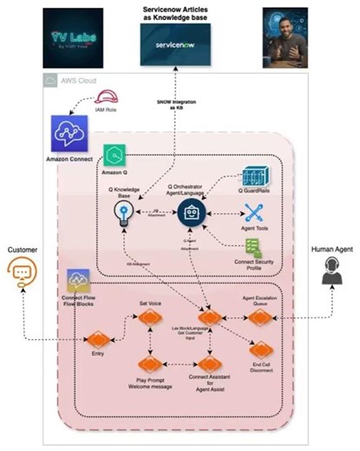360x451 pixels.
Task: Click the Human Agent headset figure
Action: pyautogui.click(x=331, y=272)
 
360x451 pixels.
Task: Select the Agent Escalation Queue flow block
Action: pyautogui.click(x=259, y=318)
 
